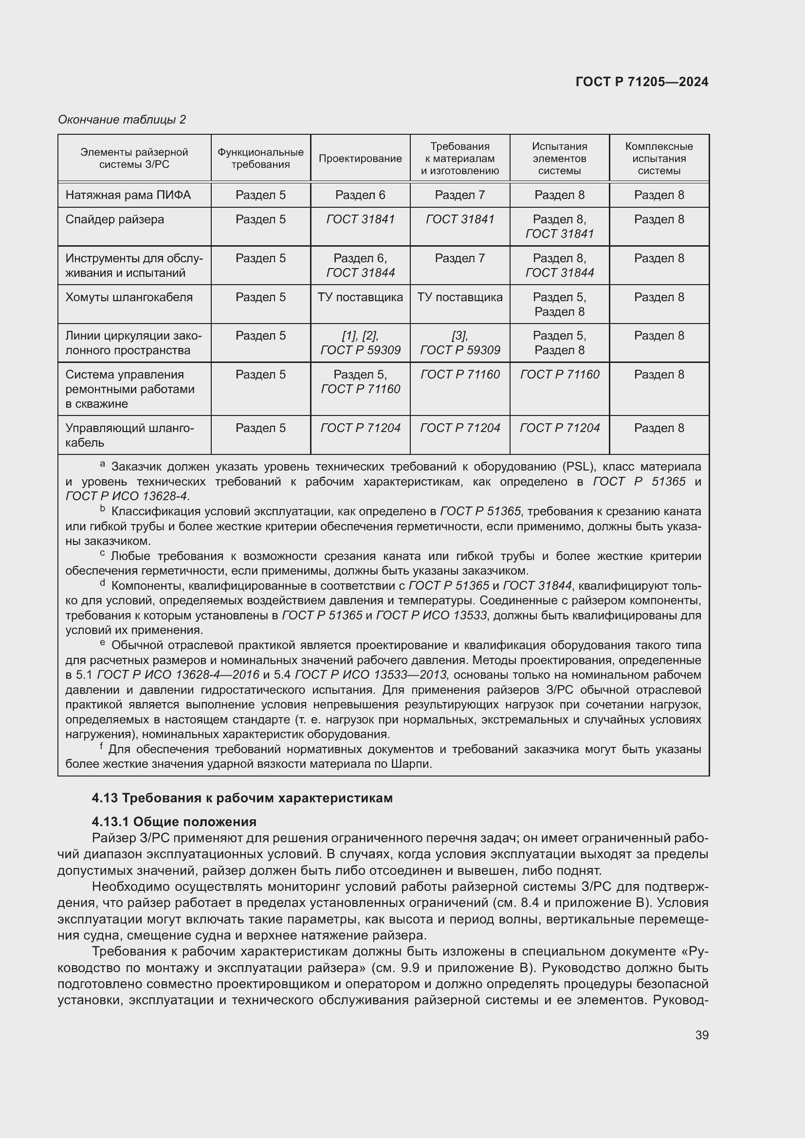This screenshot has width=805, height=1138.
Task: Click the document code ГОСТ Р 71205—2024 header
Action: (641, 82)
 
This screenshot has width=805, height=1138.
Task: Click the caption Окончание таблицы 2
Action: (122, 120)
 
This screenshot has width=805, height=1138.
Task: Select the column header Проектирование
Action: (360, 159)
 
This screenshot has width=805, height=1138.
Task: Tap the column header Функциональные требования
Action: (260, 158)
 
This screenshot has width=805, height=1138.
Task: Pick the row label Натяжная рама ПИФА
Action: (128, 195)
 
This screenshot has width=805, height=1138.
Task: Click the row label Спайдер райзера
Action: (114, 219)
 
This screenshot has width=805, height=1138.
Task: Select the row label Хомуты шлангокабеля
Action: (129, 297)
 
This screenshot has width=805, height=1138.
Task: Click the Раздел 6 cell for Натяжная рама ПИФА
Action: (360, 195)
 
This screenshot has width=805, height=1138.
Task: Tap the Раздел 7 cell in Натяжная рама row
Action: (459, 195)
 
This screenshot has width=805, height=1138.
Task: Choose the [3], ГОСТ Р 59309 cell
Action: (460, 343)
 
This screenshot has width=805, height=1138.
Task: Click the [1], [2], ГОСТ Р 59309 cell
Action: (360, 343)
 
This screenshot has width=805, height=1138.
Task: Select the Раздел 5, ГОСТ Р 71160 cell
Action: (360, 381)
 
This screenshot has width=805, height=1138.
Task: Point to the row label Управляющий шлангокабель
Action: (129, 434)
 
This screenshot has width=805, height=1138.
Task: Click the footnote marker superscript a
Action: (103, 464)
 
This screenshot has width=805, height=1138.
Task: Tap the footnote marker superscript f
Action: (101, 746)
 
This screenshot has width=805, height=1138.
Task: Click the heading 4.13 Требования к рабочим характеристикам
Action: (242, 798)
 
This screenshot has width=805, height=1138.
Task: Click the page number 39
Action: (701, 1035)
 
